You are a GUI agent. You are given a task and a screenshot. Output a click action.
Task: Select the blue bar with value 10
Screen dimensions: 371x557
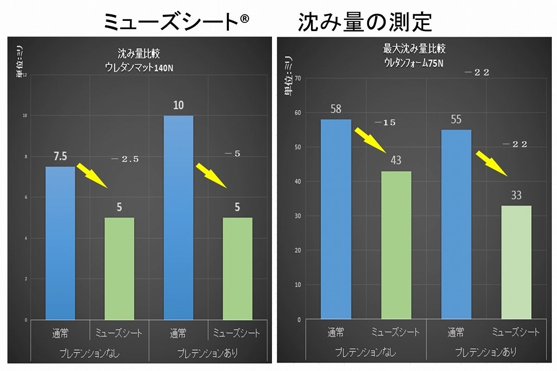[178, 218]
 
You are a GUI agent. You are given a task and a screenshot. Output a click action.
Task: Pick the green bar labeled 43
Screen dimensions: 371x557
[396, 245]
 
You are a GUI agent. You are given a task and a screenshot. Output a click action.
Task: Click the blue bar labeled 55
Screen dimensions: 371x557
[456, 224]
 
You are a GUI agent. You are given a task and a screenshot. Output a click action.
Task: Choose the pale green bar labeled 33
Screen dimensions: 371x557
[516, 262]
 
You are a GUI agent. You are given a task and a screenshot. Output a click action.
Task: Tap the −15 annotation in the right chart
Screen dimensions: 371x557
[385, 123]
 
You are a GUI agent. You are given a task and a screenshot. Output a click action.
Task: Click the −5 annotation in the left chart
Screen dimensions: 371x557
[234, 154]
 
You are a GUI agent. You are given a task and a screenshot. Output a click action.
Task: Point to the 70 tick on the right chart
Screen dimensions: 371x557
[298, 78]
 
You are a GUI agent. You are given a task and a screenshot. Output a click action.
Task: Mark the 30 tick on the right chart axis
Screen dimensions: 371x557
[298, 216]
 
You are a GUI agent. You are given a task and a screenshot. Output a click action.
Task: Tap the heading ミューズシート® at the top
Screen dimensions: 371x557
[176, 22]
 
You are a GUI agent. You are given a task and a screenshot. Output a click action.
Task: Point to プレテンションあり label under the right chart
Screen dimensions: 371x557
[486, 352]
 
